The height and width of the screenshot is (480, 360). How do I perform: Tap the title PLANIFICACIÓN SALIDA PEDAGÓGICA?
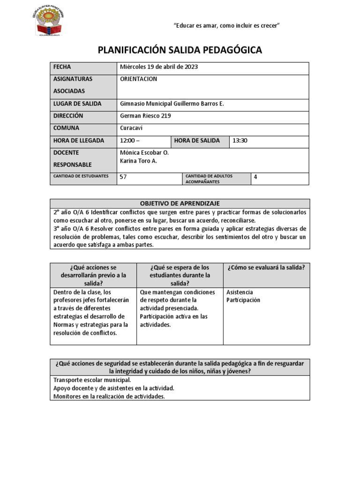[180, 50]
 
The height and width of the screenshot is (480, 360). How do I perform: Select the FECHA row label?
[62, 67]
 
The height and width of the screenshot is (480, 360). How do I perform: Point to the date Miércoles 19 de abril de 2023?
[159, 67]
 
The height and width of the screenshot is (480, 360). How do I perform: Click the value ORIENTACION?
[138, 79]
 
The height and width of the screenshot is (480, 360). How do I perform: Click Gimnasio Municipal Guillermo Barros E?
[172, 104]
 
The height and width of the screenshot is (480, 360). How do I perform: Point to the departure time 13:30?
[240, 141]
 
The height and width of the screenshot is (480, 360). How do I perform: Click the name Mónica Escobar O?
[144, 153]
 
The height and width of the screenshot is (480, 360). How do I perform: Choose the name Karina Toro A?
[139, 161]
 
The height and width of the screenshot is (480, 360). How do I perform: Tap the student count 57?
[124, 177]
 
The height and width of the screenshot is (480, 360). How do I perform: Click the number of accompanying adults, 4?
[255, 177]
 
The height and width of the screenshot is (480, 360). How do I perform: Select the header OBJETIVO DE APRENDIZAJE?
[180, 203]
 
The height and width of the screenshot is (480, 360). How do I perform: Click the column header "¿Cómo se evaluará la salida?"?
[266, 268]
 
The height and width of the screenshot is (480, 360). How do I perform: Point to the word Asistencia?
[240, 292]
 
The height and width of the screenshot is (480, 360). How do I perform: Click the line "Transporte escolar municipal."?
[92, 380]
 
